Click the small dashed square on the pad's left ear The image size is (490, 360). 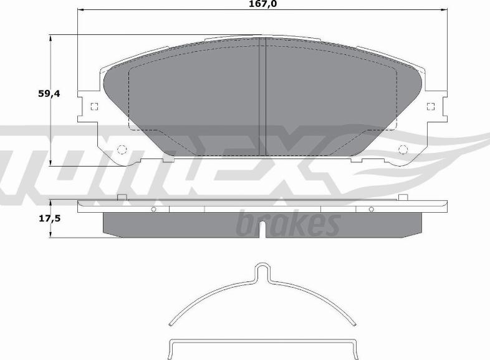point(94,106)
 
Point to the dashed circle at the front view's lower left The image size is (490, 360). point(122,149)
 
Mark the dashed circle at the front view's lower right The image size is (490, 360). point(403,149)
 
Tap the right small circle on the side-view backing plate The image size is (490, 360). point(370,209)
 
